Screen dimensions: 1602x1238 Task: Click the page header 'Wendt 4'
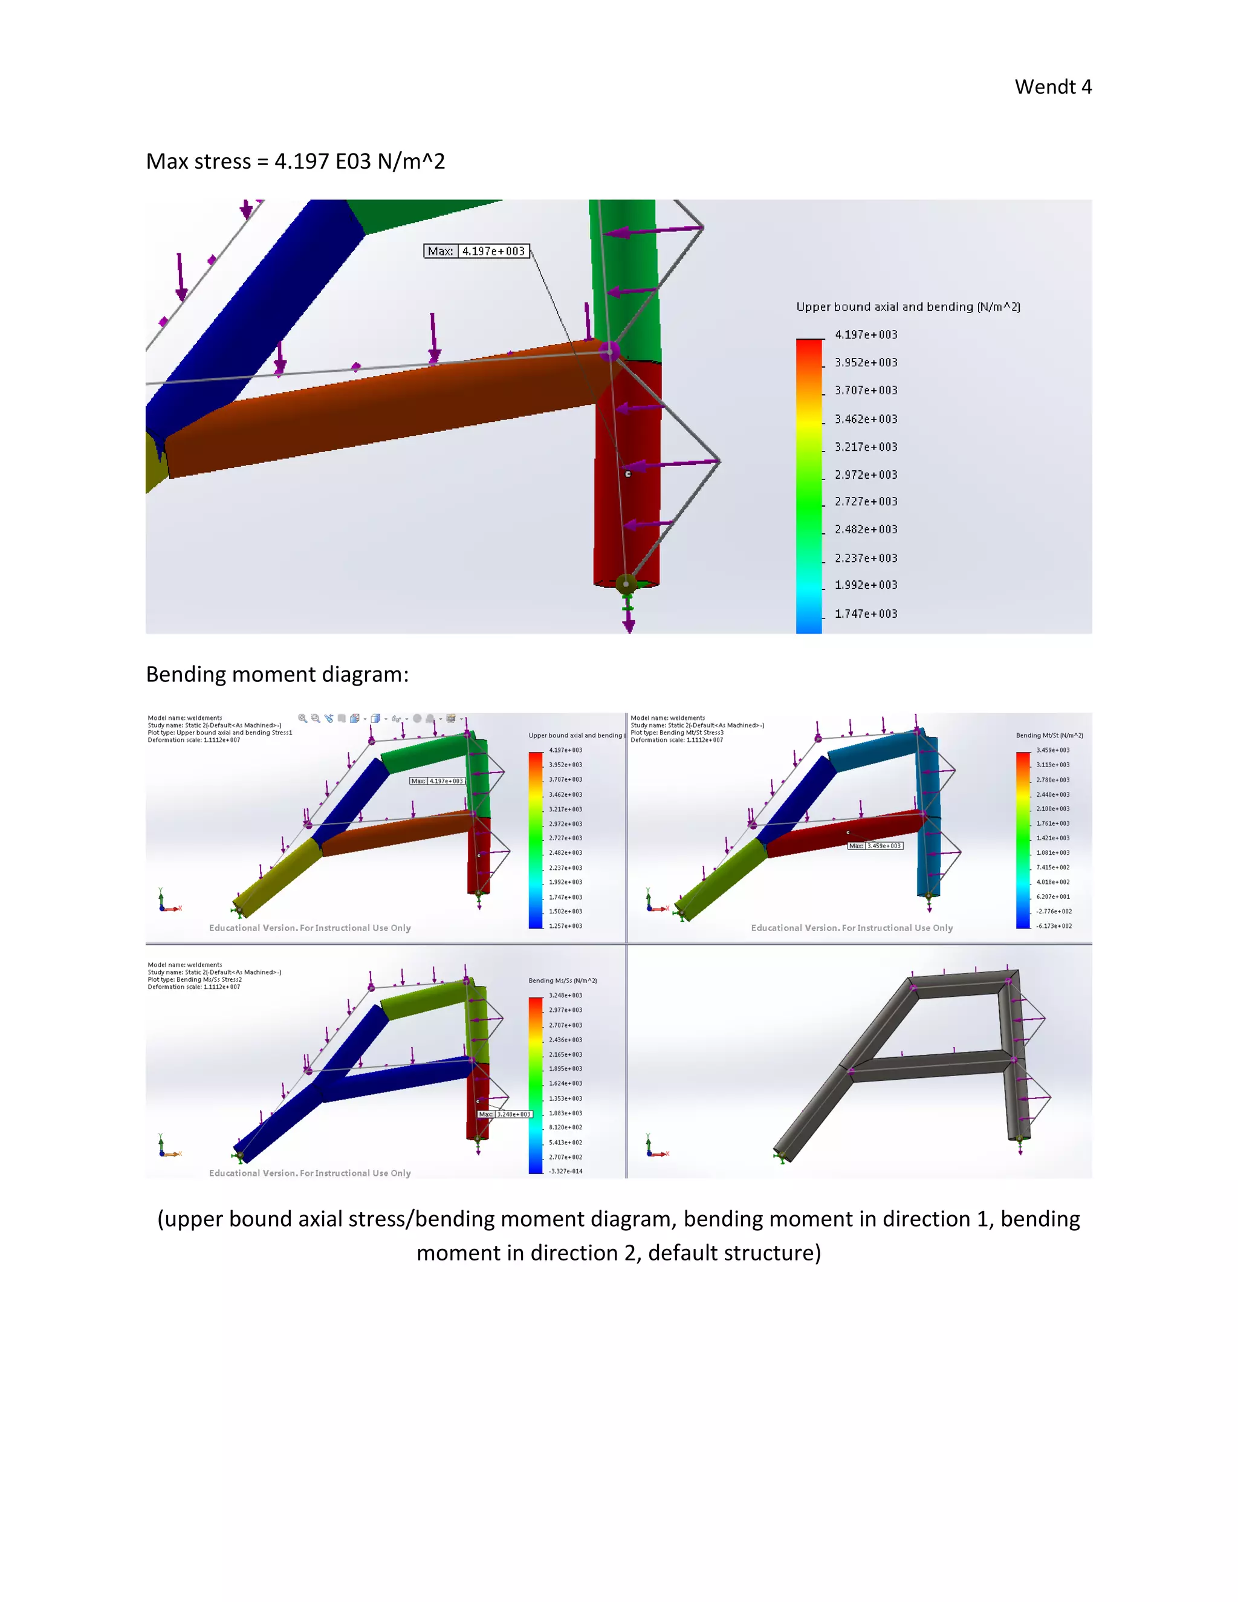click(1052, 86)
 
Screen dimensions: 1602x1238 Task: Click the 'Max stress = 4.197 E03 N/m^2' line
click(295, 161)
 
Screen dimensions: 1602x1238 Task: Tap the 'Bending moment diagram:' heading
click(276, 674)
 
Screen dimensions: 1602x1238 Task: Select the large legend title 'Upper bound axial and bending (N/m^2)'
click(908, 306)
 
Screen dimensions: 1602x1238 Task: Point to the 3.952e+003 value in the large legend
click(866, 362)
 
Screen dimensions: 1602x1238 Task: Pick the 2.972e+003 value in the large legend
click(866, 475)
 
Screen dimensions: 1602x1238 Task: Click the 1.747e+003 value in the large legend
click(866, 614)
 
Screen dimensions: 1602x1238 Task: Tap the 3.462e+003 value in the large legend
click(866, 419)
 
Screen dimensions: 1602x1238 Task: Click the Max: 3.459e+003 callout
click(875, 846)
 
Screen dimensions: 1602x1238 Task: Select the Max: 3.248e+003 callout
click(505, 1114)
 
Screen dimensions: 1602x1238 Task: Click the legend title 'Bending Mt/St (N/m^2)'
click(1049, 735)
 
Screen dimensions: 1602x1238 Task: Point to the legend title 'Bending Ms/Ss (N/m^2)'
click(563, 980)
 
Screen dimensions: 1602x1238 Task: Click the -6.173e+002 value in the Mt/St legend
click(1053, 926)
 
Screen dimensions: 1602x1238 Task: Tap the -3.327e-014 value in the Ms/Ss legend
click(565, 1171)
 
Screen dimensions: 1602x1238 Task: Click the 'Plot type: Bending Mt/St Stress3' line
click(676, 732)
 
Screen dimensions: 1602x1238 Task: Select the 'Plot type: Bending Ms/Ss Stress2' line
click(195, 979)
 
